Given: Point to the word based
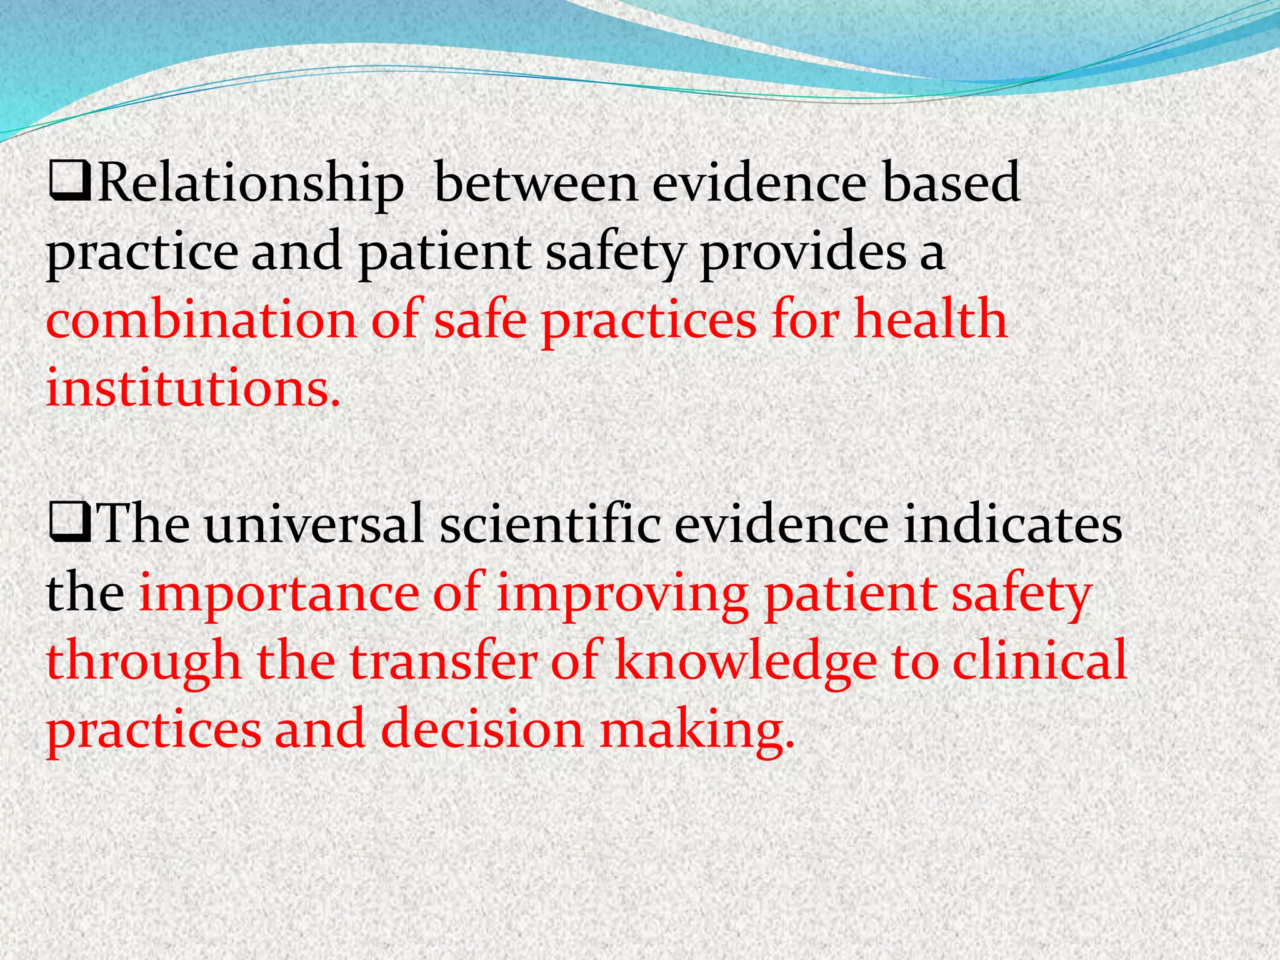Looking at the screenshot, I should [x=951, y=184].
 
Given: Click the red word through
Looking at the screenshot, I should [x=144, y=662].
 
